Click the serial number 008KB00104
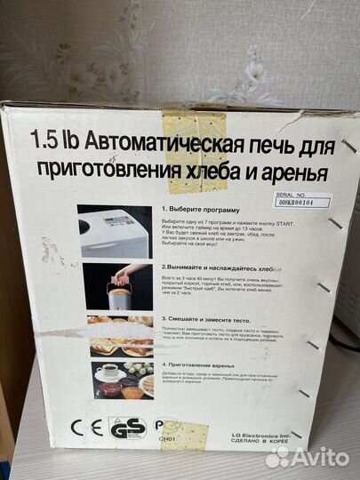pos(303,203)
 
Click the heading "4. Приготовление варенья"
pos(205,364)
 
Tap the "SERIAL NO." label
pos(299,193)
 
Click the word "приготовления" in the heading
pos(106,169)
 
